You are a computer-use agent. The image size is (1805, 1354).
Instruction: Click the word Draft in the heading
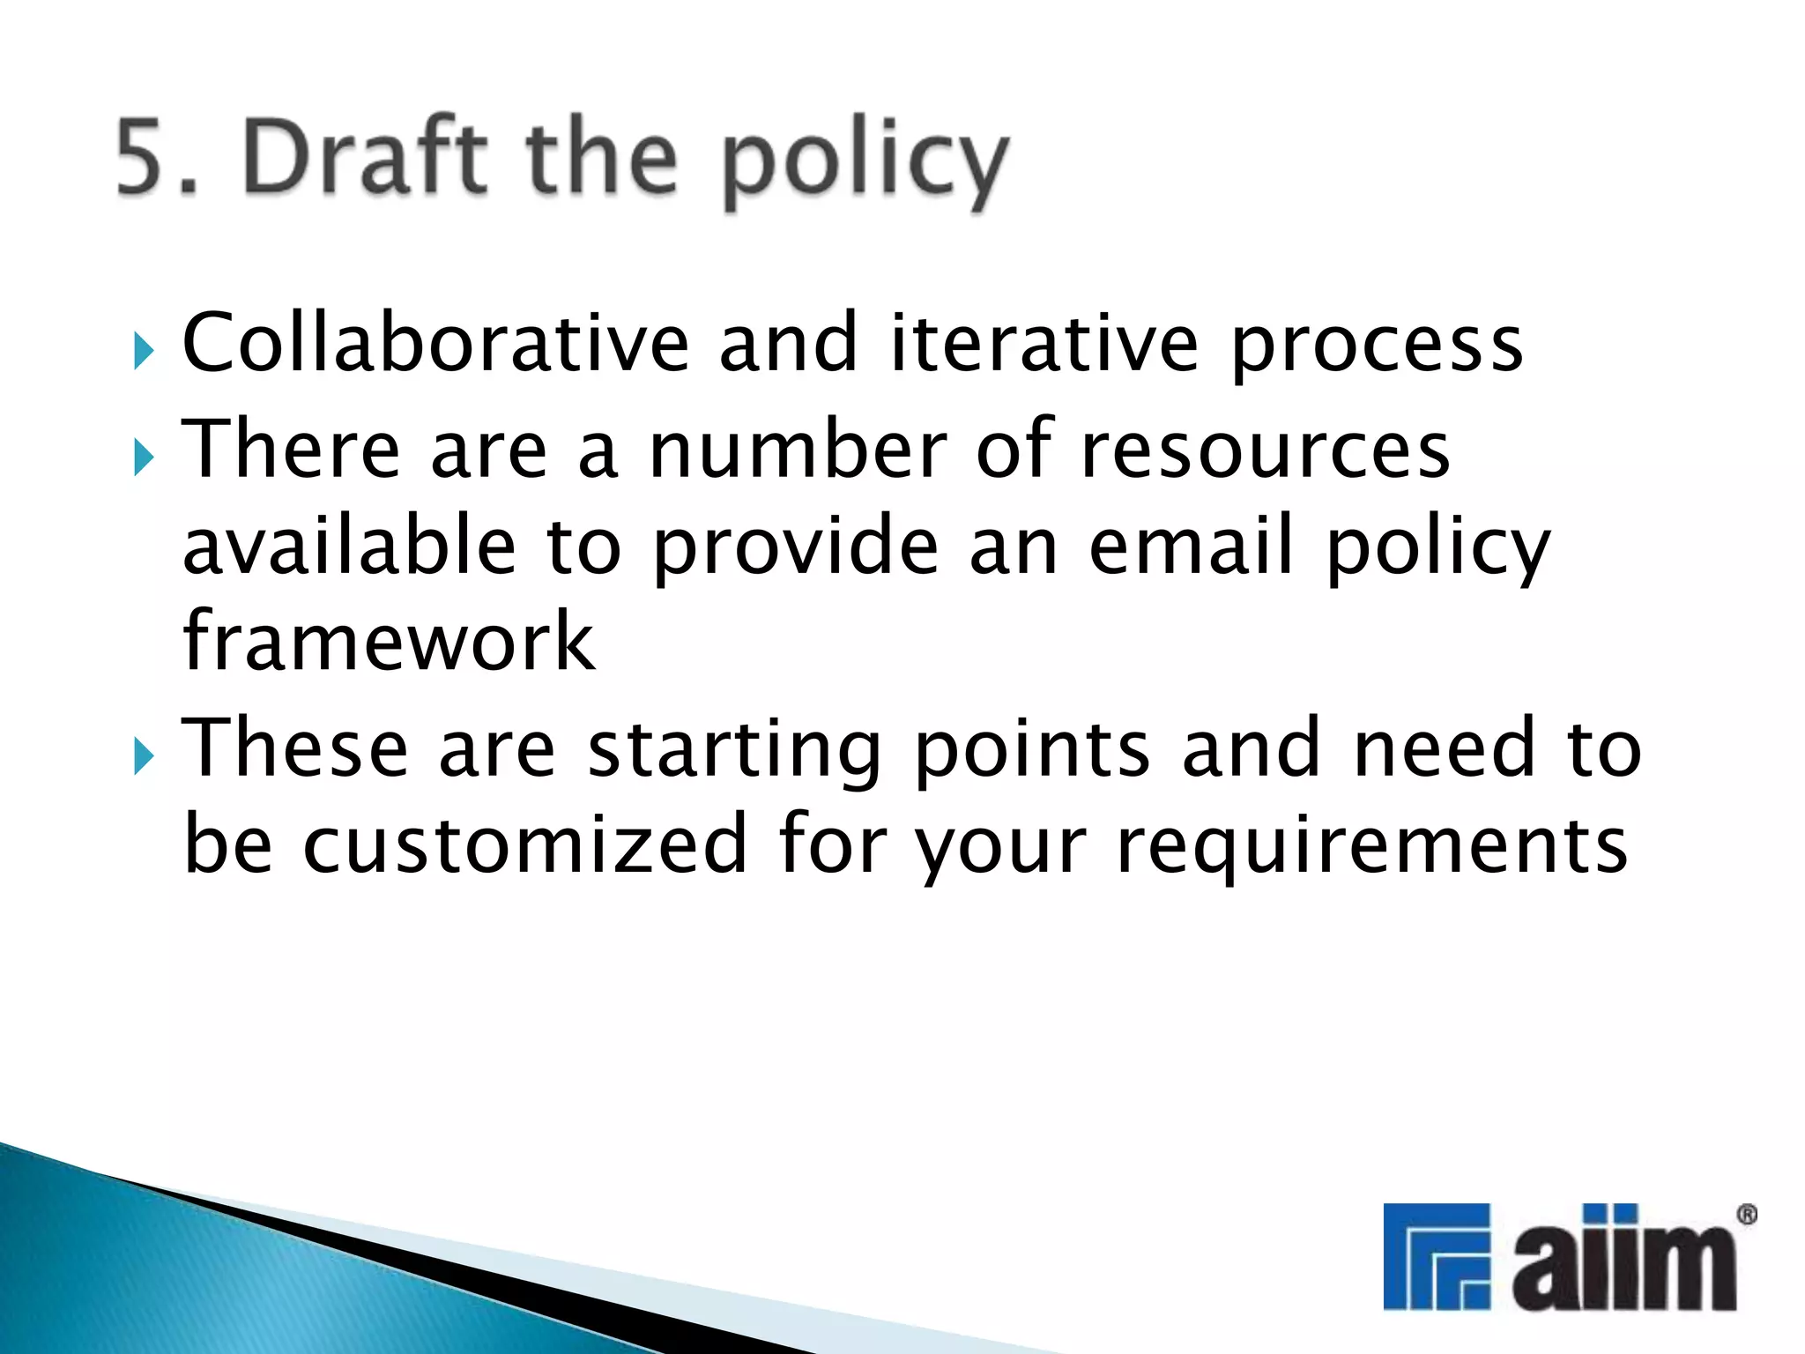[x=365, y=156]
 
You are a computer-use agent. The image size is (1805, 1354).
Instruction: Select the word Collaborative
[x=435, y=343]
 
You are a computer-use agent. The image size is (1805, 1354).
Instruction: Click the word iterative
[x=1044, y=343]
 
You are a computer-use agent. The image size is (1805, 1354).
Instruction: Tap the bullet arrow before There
[x=145, y=458]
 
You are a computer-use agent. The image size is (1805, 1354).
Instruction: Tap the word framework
[x=389, y=642]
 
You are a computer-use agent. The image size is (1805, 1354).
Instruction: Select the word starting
[x=734, y=751]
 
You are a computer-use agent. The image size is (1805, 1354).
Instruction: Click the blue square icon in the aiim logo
[x=1437, y=1255]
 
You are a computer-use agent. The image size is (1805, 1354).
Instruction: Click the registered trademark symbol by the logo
[x=1746, y=1215]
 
